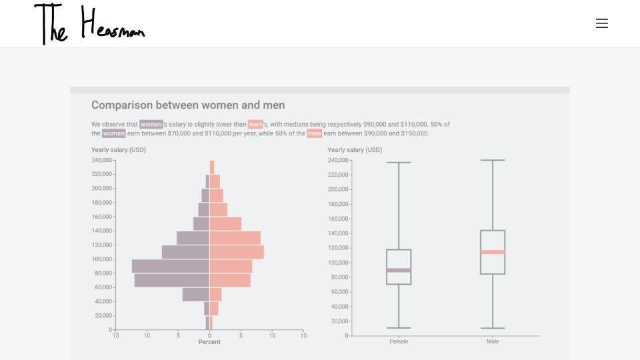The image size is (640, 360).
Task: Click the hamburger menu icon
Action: click(x=601, y=23)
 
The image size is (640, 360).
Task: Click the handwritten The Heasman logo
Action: click(x=90, y=24)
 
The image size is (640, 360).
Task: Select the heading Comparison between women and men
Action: click(x=188, y=105)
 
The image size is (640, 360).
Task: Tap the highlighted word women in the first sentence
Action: click(x=151, y=124)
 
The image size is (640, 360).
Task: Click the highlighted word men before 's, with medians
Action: click(x=255, y=124)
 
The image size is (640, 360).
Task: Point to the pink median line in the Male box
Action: click(x=493, y=252)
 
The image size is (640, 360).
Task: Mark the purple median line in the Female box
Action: click(x=399, y=270)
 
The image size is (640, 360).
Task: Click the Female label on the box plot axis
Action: click(x=399, y=341)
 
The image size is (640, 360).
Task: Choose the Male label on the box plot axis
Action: click(x=493, y=341)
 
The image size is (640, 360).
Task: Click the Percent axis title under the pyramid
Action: click(x=209, y=342)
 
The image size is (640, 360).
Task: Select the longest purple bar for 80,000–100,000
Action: click(x=171, y=266)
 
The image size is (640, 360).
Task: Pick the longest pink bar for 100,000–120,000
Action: click(x=237, y=252)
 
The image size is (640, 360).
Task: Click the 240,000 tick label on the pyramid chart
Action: click(x=101, y=160)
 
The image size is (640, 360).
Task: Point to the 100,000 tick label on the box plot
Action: click(x=338, y=263)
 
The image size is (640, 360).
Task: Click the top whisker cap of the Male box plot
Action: click(x=493, y=160)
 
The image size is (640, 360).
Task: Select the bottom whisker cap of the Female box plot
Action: click(x=399, y=328)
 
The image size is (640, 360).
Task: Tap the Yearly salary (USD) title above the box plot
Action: click(x=355, y=150)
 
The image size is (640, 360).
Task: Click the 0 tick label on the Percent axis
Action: click(x=209, y=335)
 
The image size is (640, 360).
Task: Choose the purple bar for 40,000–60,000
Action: click(x=196, y=295)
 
